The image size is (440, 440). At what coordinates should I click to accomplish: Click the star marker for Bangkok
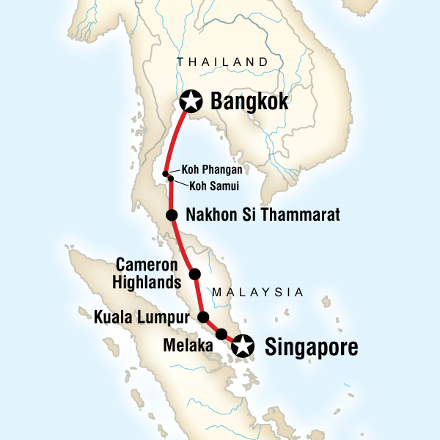pyautogui.click(x=191, y=100)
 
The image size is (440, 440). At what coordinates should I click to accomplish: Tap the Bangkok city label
pyautogui.click(x=249, y=100)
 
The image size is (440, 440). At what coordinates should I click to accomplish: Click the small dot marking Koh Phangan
pyautogui.click(x=166, y=174)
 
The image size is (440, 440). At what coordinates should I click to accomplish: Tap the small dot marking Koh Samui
pyautogui.click(x=171, y=178)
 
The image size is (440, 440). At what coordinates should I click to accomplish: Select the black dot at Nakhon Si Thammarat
pyautogui.click(x=172, y=215)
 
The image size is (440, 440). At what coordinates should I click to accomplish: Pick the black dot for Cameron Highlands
pyautogui.click(x=195, y=274)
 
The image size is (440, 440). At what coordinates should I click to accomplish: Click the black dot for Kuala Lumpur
pyautogui.click(x=205, y=318)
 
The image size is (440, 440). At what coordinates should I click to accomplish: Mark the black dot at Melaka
pyautogui.click(x=221, y=334)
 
